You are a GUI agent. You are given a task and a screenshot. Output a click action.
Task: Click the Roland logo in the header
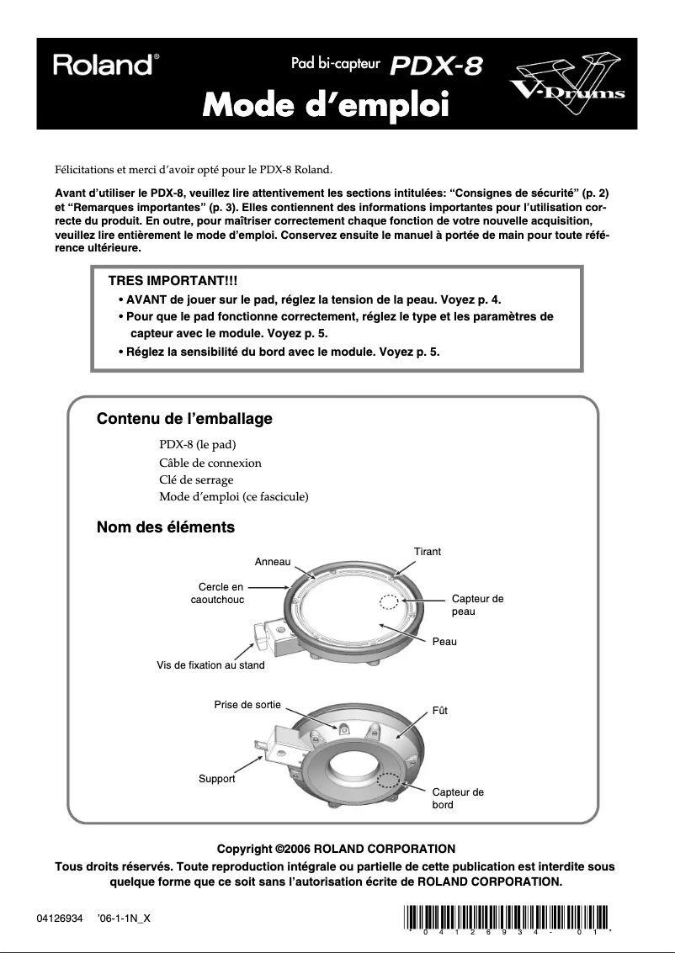(103, 65)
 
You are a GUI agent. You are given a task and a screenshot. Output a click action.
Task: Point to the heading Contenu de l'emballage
(184, 418)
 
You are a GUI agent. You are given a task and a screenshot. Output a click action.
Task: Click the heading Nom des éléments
(166, 528)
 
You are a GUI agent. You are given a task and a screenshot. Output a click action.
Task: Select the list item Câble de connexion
(210, 463)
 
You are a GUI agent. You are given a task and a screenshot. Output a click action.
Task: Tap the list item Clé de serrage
(196, 479)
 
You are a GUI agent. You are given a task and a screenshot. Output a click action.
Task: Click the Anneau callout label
(272, 561)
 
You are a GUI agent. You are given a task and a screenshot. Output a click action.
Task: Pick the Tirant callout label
(428, 552)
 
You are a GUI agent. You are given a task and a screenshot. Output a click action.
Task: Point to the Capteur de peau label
(477, 605)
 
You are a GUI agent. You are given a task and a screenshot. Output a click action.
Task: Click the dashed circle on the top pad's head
(389, 602)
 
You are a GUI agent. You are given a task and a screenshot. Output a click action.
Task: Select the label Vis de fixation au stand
(210, 664)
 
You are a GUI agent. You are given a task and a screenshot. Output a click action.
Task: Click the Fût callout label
(439, 711)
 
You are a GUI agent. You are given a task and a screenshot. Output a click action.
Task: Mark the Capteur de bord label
(457, 798)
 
